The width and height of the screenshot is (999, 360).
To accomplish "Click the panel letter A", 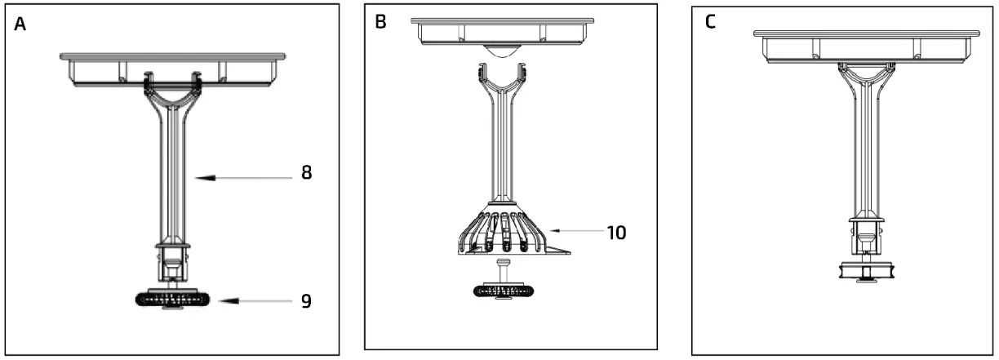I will pyautogui.click(x=20, y=24).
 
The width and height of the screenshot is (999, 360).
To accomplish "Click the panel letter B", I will pyautogui.click(x=380, y=22).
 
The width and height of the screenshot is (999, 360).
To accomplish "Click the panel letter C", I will pyautogui.click(x=710, y=22).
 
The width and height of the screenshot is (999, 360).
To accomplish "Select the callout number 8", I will pyautogui.click(x=306, y=173).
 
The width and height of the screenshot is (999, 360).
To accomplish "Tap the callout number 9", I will pyautogui.click(x=306, y=300).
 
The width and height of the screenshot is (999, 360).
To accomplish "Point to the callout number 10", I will pyautogui.click(x=616, y=232).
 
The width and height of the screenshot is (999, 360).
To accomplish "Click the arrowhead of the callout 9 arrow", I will pyautogui.click(x=222, y=300).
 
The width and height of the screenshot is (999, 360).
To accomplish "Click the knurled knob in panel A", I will pyautogui.click(x=172, y=300).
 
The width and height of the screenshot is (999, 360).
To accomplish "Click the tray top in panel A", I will pyautogui.click(x=173, y=57).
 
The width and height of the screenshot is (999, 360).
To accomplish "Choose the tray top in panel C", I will pyautogui.click(x=868, y=34).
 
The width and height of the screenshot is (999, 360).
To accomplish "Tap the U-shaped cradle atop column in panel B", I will pyautogui.click(x=500, y=82).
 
